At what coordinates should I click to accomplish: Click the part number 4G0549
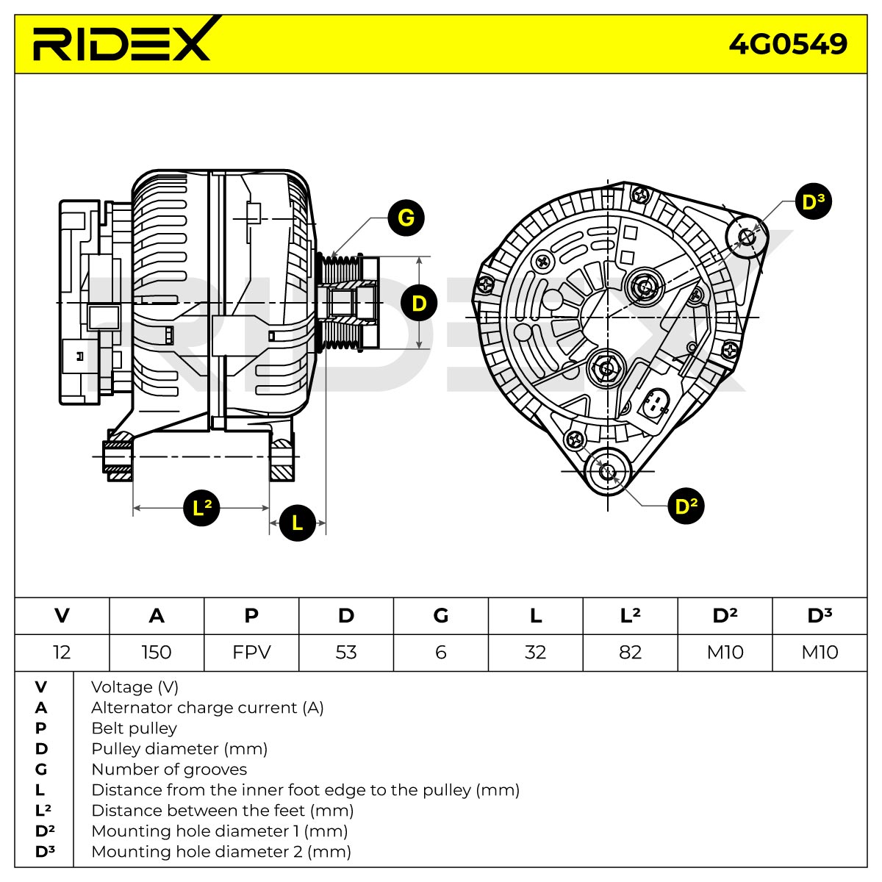click(x=788, y=44)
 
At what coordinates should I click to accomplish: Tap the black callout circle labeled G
click(x=406, y=218)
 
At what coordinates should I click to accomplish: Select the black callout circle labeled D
click(x=419, y=303)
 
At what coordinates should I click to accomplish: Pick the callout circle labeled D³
click(x=814, y=201)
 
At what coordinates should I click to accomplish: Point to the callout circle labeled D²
click(x=686, y=506)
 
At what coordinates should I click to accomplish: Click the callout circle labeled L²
click(x=201, y=508)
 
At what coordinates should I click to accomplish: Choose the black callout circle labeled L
click(x=298, y=523)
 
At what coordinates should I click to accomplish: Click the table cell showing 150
click(x=157, y=652)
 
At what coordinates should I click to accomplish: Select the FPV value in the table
click(x=251, y=652)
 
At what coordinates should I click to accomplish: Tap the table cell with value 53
click(x=346, y=652)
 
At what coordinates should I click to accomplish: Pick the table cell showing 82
click(x=630, y=652)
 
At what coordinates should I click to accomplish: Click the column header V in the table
click(x=62, y=616)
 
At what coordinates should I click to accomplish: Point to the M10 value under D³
click(x=820, y=652)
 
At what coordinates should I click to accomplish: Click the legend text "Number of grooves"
click(x=169, y=770)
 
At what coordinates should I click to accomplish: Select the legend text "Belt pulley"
click(x=134, y=728)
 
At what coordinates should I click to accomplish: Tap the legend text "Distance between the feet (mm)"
click(x=223, y=811)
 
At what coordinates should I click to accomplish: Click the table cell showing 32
click(x=536, y=652)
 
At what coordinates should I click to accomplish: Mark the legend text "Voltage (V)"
click(x=135, y=687)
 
